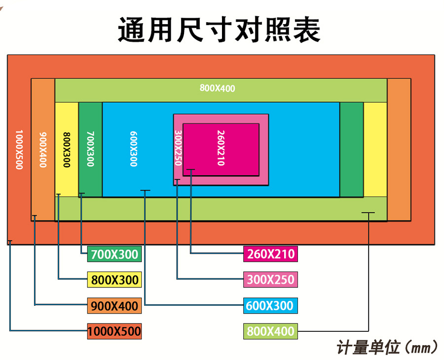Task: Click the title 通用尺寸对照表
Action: pyautogui.click(x=219, y=30)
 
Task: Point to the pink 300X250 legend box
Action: pyautogui.click(x=270, y=280)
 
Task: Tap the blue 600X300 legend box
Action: pyautogui.click(x=270, y=306)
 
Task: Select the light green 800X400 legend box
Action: pyautogui.click(x=270, y=331)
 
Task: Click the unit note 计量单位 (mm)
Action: pyautogui.click(x=387, y=347)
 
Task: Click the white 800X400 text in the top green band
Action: pyautogui.click(x=218, y=89)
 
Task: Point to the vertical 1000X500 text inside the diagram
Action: pyautogui.click(x=19, y=150)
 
